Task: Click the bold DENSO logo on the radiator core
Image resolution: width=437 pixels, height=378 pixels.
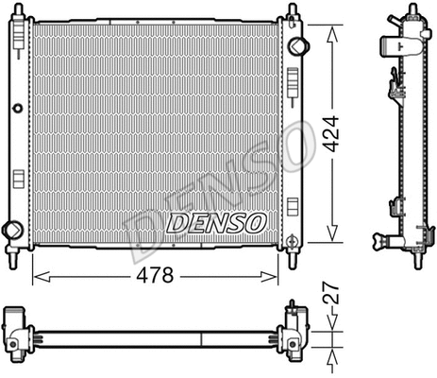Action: (217, 223)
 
